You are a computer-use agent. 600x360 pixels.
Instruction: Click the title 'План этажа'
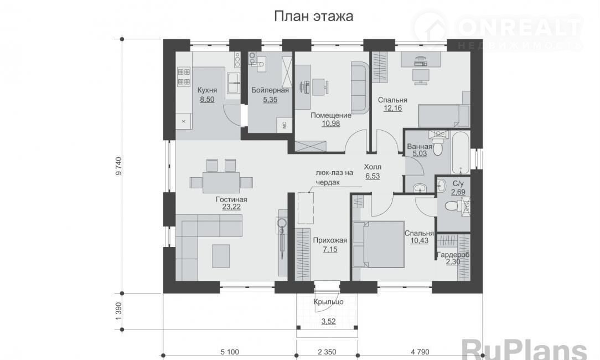(313, 17)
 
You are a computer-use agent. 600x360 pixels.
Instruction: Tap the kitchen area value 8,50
(207, 100)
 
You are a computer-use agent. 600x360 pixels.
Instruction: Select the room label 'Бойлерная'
(270, 90)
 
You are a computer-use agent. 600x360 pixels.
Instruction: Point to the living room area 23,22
(231, 207)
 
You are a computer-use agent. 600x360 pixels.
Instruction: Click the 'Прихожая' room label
(330, 240)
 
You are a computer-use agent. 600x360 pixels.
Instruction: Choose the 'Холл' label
(373, 167)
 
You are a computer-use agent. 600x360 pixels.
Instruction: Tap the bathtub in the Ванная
(461, 152)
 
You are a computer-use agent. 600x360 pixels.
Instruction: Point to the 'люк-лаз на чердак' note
(334, 177)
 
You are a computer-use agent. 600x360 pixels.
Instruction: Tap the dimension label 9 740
(118, 166)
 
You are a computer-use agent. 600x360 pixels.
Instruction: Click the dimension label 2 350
(327, 352)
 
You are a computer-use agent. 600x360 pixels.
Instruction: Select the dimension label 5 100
(230, 352)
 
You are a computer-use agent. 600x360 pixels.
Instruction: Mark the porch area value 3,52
(328, 322)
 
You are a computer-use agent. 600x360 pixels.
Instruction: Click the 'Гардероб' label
(453, 255)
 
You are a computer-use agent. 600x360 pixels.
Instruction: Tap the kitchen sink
(233, 83)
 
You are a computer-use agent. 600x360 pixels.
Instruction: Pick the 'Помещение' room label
(330, 115)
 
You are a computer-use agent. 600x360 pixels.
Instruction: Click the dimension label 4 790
(420, 352)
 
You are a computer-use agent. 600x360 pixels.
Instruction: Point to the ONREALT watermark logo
(498, 30)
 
